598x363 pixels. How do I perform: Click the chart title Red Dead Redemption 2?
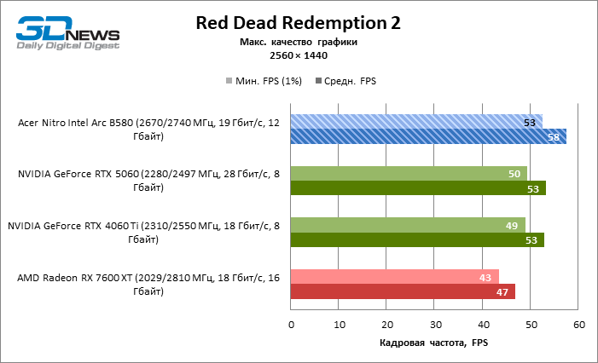coord(298,23)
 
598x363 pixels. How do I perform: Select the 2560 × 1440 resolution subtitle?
coord(299,55)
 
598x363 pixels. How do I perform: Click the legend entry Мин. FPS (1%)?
coord(265,81)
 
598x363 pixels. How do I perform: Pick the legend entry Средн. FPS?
coord(346,81)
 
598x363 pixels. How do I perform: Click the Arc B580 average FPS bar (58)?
coord(427,136)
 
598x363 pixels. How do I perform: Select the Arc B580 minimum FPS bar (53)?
coord(415,122)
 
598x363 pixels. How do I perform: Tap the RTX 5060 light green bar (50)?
coord(408,174)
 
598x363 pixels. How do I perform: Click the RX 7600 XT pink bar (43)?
coord(394,277)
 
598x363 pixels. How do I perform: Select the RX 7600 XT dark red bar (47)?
coord(403,291)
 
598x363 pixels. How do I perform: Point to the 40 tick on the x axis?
coord(483,325)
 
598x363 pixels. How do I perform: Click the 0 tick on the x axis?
coord(291,325)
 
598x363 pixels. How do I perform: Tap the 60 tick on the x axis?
coord(579,325)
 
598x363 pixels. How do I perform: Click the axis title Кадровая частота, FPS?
coord(433,343)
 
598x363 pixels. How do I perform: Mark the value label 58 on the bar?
coord(553,136)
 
